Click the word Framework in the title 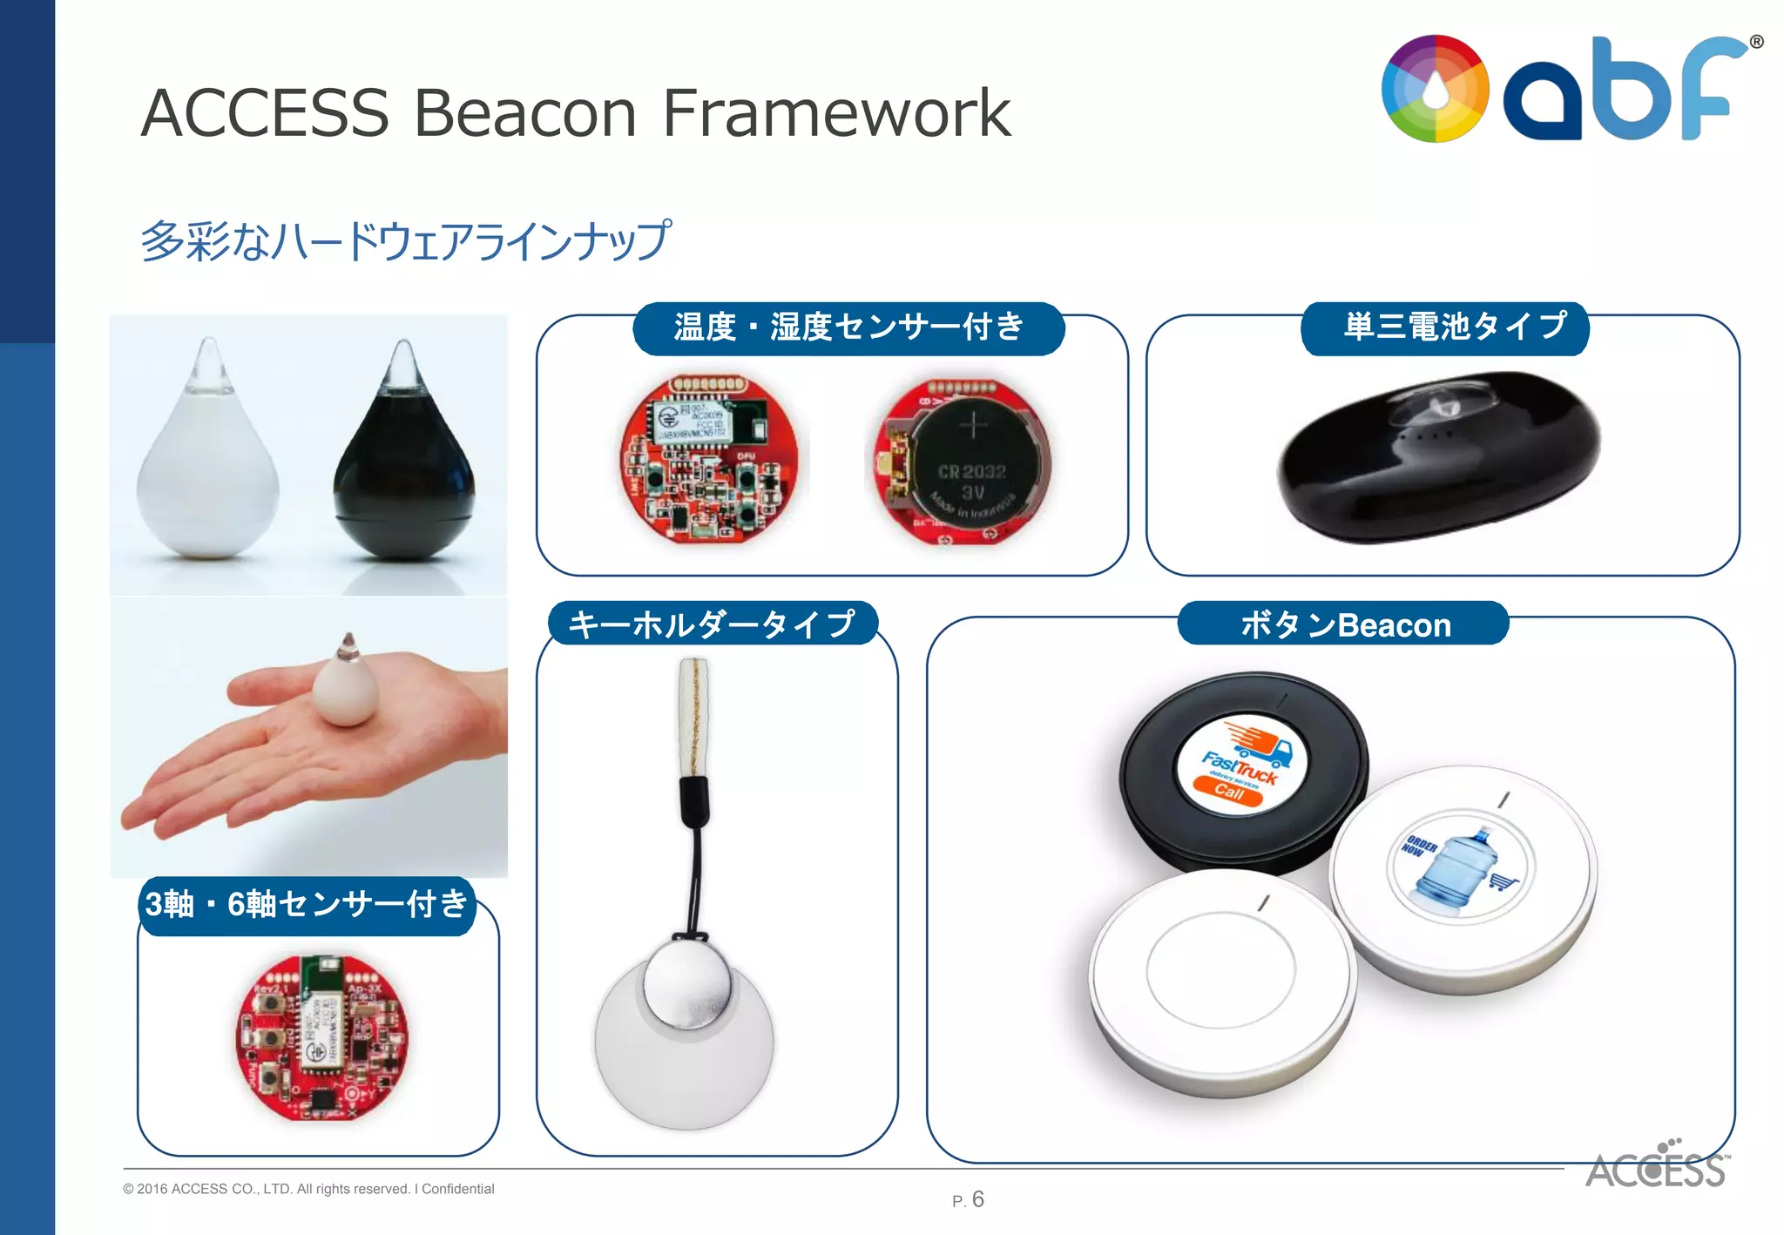[836, 113]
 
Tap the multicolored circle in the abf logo [1435, 89]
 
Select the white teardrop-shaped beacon [208, 462]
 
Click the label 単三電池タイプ [1445, 327]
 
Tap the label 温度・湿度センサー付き [848, 327]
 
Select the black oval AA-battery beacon [1437, 457]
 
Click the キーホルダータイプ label [712, 624]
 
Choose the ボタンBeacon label [1344, 624]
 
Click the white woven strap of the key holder [693, 714]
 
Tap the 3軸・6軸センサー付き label [307, 905]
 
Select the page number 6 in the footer [977, 1199]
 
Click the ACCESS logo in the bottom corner [1655, 1167]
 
